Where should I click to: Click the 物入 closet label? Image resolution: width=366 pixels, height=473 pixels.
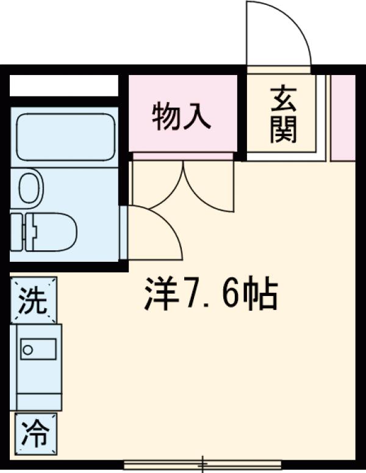pyautogui.click(x=182, y=117)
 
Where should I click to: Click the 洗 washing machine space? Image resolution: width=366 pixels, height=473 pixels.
pyautogui.click(x=33, y=300)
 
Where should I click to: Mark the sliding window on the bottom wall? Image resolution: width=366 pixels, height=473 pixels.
pyautogui.click(x=202, y=464)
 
